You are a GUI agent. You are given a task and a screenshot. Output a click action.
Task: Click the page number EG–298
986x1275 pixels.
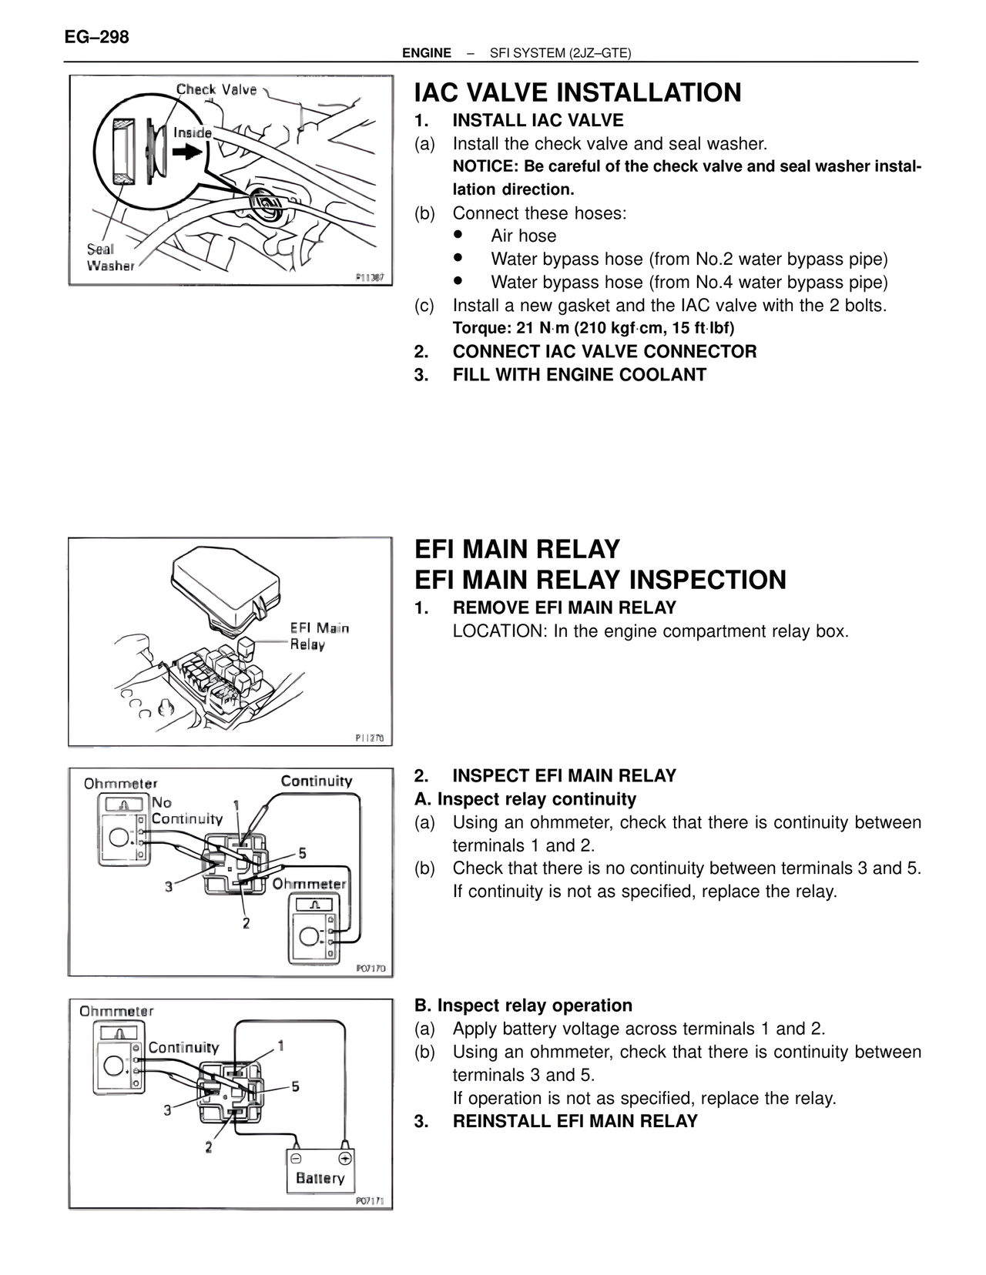tap(96, 37)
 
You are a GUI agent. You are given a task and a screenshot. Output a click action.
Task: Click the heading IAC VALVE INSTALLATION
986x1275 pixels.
tap(578, 92)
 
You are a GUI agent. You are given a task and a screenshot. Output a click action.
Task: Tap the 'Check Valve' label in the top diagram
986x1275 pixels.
tap(216, 89)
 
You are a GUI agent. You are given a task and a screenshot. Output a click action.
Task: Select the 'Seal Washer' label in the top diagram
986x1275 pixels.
tap(109, 257)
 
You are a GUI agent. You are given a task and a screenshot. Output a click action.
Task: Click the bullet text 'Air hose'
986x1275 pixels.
tap(523, 236)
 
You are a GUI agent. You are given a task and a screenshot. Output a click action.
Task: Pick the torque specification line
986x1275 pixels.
tap(593, 328)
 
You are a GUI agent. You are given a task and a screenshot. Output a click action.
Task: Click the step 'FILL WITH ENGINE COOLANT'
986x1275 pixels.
tap(579, 375)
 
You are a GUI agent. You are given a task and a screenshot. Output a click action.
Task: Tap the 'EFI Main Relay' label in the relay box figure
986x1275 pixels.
tap(319, 636)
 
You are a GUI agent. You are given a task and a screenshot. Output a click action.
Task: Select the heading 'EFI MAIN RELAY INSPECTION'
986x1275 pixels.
tap(600, 580)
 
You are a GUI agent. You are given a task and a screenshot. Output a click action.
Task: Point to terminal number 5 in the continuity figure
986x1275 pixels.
tap(302, 853)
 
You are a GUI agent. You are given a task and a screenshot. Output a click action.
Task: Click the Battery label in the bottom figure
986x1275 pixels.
tap(320, 1178)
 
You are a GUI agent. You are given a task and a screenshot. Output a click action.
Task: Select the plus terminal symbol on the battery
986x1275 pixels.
tap(345, 1157)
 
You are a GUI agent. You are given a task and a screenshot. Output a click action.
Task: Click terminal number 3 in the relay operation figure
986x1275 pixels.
tap(167, 1110)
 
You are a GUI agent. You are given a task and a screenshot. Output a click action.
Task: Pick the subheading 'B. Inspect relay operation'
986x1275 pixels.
tap(523, 1006)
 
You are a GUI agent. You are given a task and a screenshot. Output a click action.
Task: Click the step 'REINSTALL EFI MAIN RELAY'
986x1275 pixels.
tap(575, 1121)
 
